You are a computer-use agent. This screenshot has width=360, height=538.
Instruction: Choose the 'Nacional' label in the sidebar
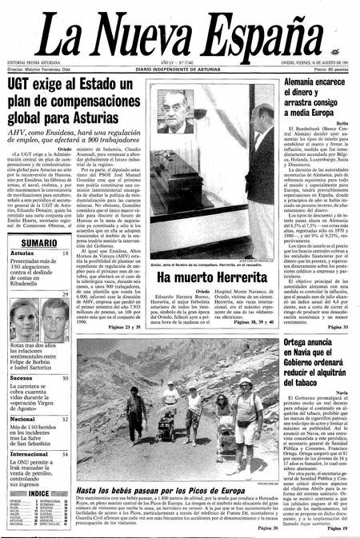click(x=22, y=418)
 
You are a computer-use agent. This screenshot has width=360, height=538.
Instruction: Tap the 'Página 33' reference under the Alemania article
click(x=338, y=327)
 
